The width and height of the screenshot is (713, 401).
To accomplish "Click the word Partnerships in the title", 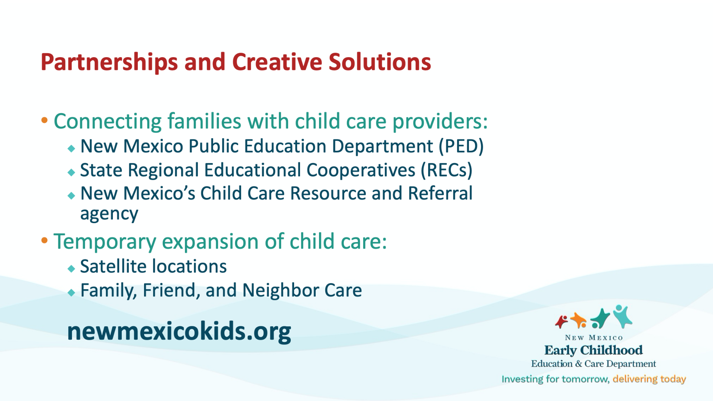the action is click(x=109, y=62).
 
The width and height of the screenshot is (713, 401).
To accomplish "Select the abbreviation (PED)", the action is click(x=461, y=146).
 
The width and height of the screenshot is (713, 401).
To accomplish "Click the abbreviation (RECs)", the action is click(x=446, y=170).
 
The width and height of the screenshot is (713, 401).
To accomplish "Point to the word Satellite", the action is click(x=114, y=267).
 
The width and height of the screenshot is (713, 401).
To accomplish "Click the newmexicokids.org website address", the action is click(x=179, y=331).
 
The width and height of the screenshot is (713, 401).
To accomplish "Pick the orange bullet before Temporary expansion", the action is click(x=45, y=240).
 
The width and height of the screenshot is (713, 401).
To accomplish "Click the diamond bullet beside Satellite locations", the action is click(x=71, y=269).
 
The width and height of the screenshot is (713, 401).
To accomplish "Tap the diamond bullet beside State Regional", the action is click(x=71, y=172).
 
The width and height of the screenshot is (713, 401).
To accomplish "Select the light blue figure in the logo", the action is click(x=622, y=316).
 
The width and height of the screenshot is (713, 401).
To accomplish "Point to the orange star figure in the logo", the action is click(x=579, y=320).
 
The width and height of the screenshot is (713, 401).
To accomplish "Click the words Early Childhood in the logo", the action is click(x=593, y=350).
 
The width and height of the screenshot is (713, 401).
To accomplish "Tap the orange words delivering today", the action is click(x=649, y=379).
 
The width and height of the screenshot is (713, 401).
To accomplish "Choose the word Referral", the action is click(x=440, y=193).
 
